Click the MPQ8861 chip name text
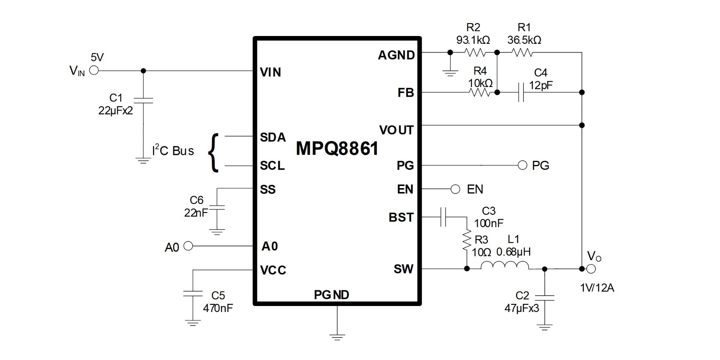337,148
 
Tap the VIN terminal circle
94,70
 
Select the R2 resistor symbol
475,52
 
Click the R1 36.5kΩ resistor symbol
522,52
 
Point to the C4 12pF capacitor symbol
520,92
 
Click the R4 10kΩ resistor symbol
480,92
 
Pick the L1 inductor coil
505,265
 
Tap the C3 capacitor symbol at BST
443,217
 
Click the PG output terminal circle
522,165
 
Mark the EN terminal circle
455,189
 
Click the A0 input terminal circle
188,246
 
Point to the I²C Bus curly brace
213,153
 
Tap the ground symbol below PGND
337,336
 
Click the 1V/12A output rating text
597,288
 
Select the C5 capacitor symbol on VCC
193,294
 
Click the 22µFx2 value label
115,111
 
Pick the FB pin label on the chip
406,93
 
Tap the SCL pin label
272,165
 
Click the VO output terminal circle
591,269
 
